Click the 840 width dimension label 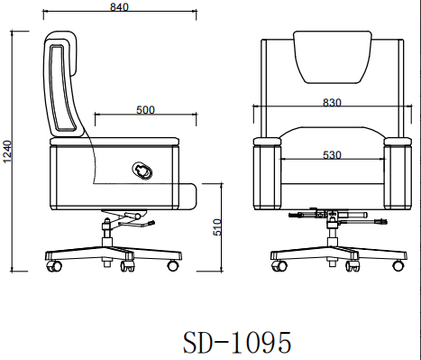[119, 7]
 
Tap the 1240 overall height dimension [7, 152]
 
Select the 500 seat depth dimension [145, 110]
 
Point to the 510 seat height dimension [217, 227]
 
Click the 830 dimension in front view [332, 103]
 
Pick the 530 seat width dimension [332, 155]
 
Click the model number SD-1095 [237, 342]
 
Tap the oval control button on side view [142, 171]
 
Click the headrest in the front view [333, 57]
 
